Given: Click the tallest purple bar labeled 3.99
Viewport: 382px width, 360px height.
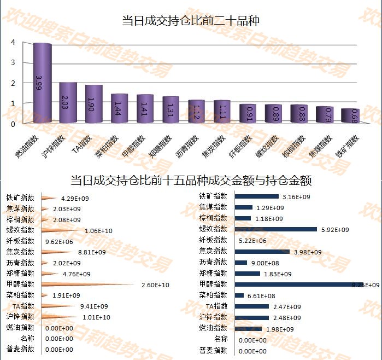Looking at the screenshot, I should point(43,85).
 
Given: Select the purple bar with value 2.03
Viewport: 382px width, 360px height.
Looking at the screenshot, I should point(68,103).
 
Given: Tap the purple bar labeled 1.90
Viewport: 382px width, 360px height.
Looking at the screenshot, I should point(93,104).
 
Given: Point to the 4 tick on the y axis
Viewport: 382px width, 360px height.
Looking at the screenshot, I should point(12,42).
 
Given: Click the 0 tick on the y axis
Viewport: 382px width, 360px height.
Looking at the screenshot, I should point(12,124).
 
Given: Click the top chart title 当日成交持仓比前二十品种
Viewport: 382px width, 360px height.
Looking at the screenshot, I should point(191,21).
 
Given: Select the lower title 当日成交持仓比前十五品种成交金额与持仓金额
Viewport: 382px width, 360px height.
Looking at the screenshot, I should point(191,180).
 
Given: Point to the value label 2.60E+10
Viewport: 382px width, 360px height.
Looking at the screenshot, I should point(155,284).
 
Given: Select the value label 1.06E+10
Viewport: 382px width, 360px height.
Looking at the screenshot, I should point(98,230).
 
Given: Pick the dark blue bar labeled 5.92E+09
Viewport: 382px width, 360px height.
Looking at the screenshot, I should point(276,229).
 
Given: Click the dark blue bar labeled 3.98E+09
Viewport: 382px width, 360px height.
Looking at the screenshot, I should point(262,251).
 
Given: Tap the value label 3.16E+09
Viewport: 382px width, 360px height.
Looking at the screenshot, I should point(296,197).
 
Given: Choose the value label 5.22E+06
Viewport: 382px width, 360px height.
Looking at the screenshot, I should point(254,241).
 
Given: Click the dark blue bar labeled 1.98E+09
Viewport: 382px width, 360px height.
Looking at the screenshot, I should point(249,328).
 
